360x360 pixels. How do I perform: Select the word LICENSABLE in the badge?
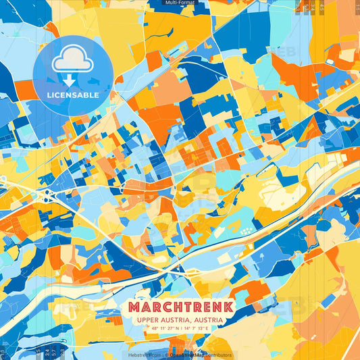pyautogui.click(x=72, y=95)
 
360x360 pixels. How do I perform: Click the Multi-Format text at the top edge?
pyautogui.click(x=180, y=3)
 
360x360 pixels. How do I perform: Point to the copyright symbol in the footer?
pyautogui.click(x=165, y=355)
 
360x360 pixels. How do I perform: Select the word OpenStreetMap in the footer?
pyautogui.click(x=185, y=355)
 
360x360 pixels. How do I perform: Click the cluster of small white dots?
pyautogui.click(x=247, y=232)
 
